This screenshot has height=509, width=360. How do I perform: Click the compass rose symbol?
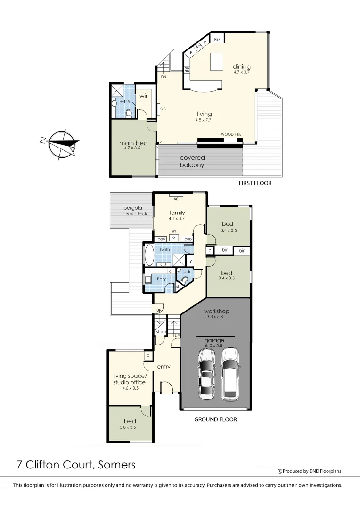(59, 142)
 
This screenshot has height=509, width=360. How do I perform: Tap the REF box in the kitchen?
(217, 40)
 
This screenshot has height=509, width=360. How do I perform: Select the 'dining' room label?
(241, 67)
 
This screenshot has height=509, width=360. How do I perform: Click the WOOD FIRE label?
(231, 135)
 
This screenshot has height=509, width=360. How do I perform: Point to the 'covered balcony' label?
(192, 162)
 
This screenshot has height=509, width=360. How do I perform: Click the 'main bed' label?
(133, 143)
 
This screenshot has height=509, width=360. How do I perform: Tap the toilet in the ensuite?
(129, 113)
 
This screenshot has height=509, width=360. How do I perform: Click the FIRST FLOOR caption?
(255, 183)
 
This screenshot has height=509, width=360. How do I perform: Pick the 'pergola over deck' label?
(136, 211)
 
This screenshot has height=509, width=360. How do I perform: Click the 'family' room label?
(177, 213)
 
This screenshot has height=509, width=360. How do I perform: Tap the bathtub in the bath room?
(149, 255)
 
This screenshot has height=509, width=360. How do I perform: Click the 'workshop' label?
(216, 312)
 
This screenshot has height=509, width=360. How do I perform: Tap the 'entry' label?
(164, 367)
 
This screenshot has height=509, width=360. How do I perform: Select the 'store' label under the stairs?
(161, 332)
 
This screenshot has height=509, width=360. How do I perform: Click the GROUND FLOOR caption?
(215, 419)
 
